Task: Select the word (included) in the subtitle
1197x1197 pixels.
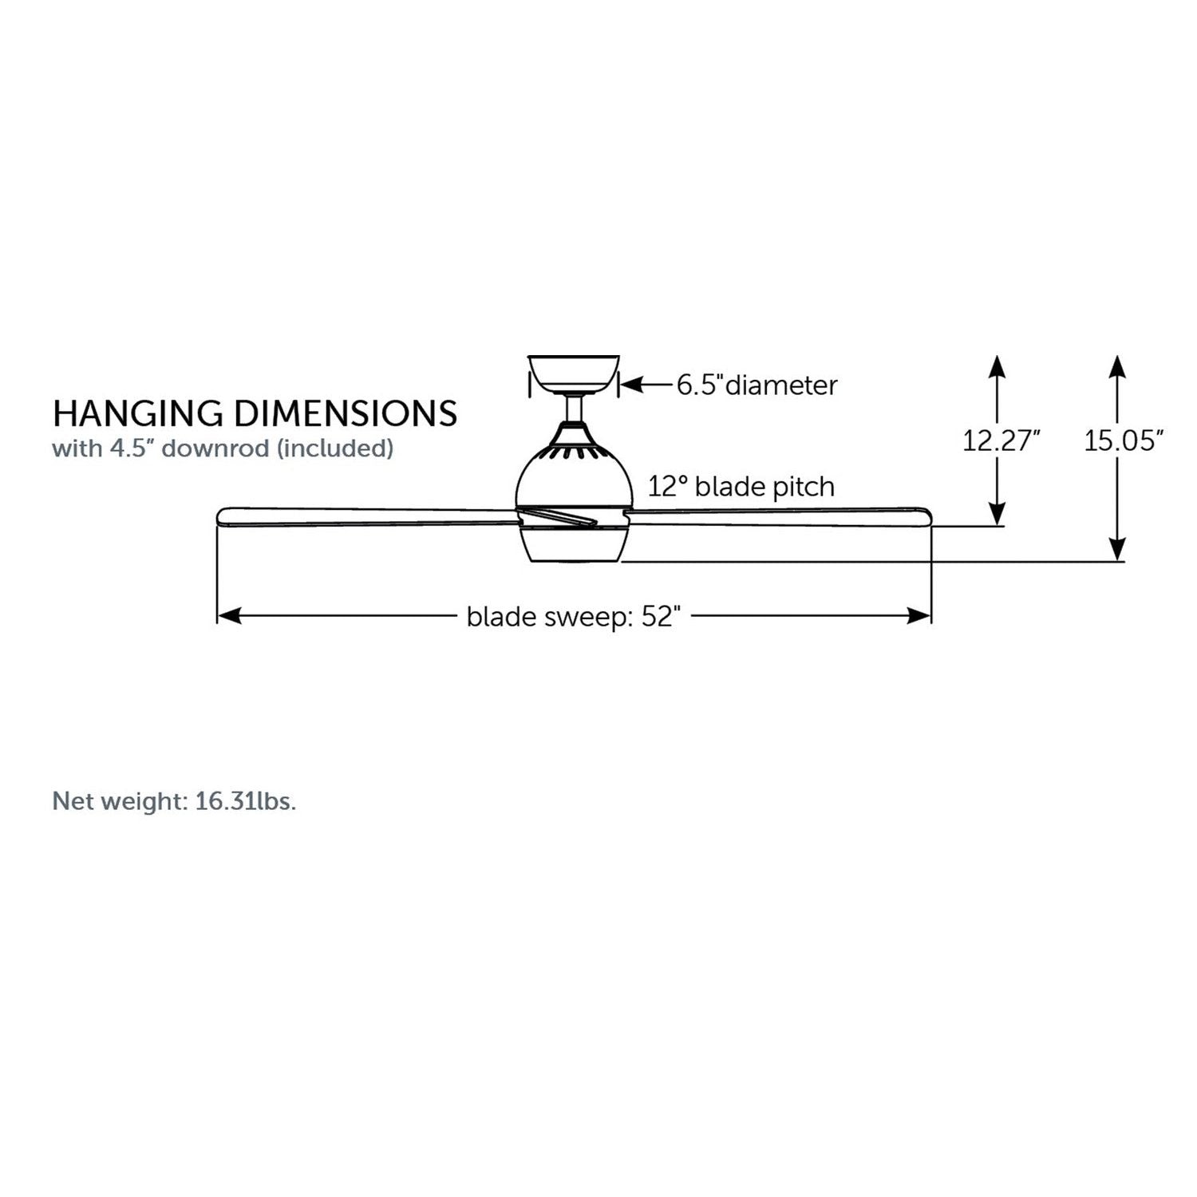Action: [335, 448]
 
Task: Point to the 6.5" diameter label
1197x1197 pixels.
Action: [757, 385]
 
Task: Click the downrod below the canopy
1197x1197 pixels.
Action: [574, 409]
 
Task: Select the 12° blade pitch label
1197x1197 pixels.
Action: [741, 486]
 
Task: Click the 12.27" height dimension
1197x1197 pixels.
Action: [1001, 440]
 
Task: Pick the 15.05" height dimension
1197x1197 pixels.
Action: [1124, 440]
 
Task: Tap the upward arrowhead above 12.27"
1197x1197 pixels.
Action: [997, 366]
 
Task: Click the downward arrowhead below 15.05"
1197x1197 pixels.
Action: [1117, 549]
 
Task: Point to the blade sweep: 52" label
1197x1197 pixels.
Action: [574, 617]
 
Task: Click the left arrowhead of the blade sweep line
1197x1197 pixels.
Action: [229, 615]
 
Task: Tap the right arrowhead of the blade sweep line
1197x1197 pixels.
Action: [919, 615]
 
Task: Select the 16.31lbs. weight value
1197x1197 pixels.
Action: [246, 801]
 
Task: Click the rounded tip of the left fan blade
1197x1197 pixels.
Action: [219, 515]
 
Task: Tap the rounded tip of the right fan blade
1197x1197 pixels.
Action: [928, 516]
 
